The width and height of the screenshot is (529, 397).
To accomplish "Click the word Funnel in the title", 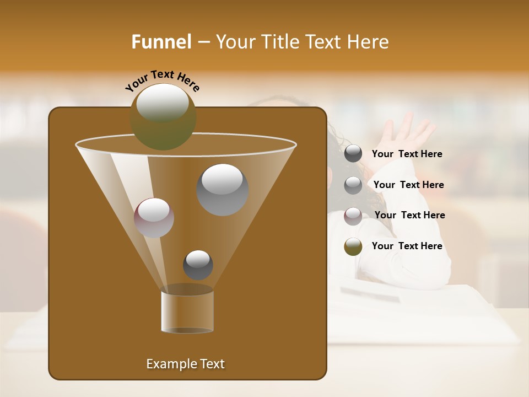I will (x=161, y=42).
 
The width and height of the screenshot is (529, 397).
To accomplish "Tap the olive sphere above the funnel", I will (x=163, y=117).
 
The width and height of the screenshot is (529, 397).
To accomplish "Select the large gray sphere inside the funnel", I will (x=222, y=189).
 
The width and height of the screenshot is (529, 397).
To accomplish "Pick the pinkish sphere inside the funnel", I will (x=154, y=218).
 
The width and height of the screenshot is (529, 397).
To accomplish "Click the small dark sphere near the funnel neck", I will (x=198, y=265).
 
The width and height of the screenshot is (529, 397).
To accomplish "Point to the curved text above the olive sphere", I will (x=162, y=81).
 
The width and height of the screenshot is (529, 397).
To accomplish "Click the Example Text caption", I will (x=185, y=364).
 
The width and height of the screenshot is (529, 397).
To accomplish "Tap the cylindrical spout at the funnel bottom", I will (x=187, y=312).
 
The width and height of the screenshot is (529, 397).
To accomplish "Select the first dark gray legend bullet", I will (x=353, y=154).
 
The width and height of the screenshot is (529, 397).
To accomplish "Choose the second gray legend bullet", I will (x=353, y=185).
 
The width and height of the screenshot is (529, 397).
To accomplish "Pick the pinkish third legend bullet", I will (x=353, y=216).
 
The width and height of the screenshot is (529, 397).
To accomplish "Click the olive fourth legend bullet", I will (x=353, y=246).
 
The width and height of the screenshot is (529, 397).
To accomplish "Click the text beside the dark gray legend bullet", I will (x=407, y=154).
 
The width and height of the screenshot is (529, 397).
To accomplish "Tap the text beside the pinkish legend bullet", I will (x=409, y=215).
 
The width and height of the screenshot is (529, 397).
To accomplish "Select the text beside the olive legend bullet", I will (x=407, y=246).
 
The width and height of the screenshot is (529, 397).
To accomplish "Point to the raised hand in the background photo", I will (x=407, y=131).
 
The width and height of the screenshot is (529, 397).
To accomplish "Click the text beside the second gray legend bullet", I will (x=408, y=185).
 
